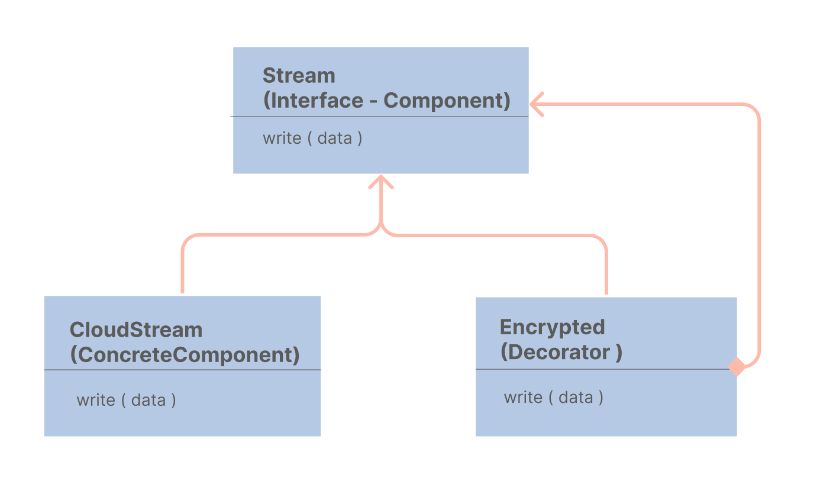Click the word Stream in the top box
pos(299,76)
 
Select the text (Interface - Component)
pos(386,101)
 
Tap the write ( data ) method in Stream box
pos(312,138)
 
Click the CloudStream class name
pos(136,330)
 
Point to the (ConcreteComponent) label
pos(185,354)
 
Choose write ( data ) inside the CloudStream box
pos(126,401)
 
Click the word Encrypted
pos(553,327)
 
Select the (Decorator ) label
pos(561,352)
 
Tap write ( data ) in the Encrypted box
pos(553,397)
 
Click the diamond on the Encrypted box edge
pos(737,367)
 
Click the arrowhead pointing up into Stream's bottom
pos(381,182)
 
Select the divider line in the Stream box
pos(379,117)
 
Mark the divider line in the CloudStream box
pos(182,370)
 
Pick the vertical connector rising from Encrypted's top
pos(606,269)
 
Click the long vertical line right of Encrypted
pos(758,237)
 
